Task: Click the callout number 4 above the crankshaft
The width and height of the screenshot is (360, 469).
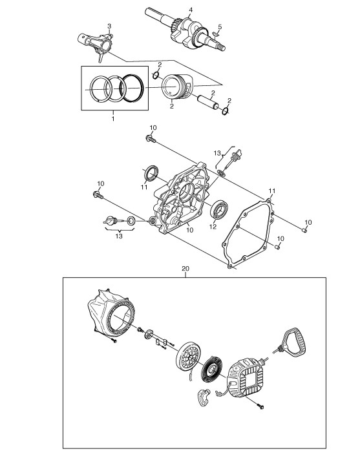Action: [191, 10]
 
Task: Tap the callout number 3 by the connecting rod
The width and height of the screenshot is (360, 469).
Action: [109, 26]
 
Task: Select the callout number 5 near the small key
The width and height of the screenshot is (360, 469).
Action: [220, 27]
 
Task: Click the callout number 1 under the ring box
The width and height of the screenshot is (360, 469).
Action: [113, 119]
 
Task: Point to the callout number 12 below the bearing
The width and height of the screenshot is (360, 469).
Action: [213, 227]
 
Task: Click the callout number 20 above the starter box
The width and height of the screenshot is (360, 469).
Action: [185, 269]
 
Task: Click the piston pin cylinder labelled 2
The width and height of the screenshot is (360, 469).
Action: [208, 101]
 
